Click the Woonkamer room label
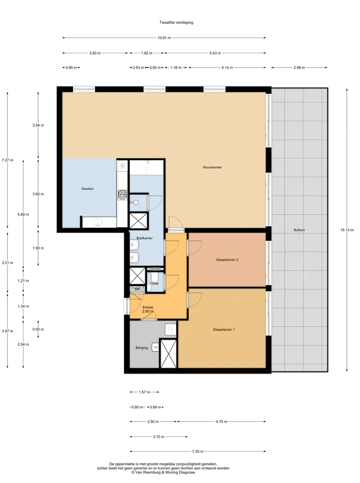(212, 167)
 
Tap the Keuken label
(87, 189)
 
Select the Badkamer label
(144, 238)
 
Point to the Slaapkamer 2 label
(227, 260)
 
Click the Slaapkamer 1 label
(224, 330)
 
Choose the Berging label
(142, 348)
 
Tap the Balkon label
(299, 230)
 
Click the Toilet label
(154, 283)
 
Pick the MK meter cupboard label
(137, 289)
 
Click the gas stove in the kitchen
(123, 195)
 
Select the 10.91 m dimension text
(164, 38)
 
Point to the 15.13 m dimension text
(347, 230)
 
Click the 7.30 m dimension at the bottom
(197, 452)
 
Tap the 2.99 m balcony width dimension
(299, 68)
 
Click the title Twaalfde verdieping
(176, 23)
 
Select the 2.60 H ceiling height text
(148, 311)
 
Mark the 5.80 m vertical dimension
(23, 214)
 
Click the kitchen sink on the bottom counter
(98, 222)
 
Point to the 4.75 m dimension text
(221, 422)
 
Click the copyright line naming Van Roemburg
(163, 472)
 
